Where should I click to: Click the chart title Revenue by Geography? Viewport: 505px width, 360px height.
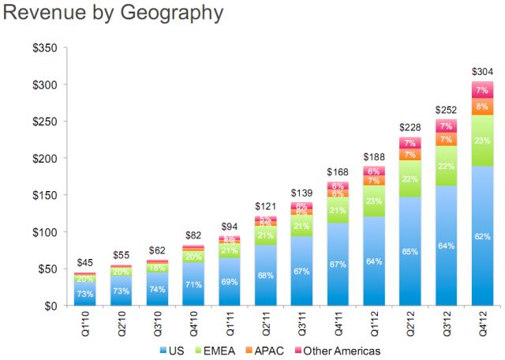114,13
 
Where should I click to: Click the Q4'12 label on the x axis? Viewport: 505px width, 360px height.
482,324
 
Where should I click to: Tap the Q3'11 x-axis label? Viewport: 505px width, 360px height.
301,324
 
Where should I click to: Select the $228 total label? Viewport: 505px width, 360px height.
410,126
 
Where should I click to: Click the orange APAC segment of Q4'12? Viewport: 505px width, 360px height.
482,106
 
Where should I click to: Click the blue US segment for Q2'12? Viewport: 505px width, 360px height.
410,253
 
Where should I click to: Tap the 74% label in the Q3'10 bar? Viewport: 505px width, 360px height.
155,289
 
